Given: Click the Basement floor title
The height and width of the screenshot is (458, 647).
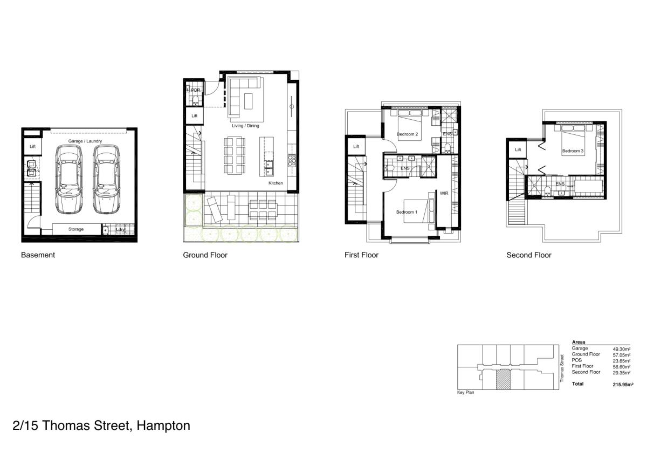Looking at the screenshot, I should click(x=38, y=255).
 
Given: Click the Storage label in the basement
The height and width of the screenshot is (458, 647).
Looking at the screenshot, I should click(x=76, y=229).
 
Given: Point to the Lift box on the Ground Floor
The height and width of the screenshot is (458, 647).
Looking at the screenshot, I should click(x=195, y=116).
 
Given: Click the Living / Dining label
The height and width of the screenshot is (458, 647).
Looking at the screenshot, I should click(x=245, y=126).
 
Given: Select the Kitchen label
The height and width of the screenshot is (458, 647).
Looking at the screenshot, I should click(x=276, y=183).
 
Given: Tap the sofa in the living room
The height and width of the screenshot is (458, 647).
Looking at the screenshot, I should click(x=245, y=97).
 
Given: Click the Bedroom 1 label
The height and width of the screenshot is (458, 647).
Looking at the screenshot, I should click(x=407, y=212).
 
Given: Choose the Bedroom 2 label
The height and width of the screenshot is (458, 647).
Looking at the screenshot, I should click(x=407, y=134).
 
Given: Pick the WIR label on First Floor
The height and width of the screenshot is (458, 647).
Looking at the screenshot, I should click(x=444, y=193).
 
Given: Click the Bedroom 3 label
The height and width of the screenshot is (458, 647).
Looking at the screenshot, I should click(x=573, y=151).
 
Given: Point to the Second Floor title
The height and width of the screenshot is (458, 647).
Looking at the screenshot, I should click(x=529, y=255).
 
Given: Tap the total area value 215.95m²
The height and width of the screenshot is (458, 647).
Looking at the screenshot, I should click(x=622, y=384).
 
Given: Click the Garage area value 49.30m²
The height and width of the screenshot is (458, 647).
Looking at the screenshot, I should click(x=622, y=349).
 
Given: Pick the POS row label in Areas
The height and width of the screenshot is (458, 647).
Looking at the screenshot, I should click(x=577, y=360).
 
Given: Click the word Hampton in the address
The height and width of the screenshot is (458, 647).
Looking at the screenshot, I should click(x=163, y=426).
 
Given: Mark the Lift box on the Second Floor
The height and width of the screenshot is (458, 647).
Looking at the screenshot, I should click(x=518, y=149).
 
